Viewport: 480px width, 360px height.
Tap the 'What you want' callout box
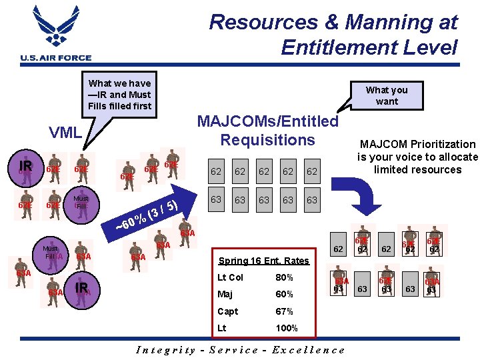click(387, 95)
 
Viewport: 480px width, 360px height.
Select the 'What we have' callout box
click(120, 94)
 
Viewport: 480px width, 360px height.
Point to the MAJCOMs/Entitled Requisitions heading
click(267, 131)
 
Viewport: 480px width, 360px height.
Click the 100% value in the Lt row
click(287, 328)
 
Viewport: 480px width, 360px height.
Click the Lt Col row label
click(231, 277)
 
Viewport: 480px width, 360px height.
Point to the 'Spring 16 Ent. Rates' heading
click(264, 261)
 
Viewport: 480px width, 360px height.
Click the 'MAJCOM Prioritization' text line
click(417, 144)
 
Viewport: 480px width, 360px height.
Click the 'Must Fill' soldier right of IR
click(81, 201)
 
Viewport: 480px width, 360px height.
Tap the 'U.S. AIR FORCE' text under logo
click(56, 58)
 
